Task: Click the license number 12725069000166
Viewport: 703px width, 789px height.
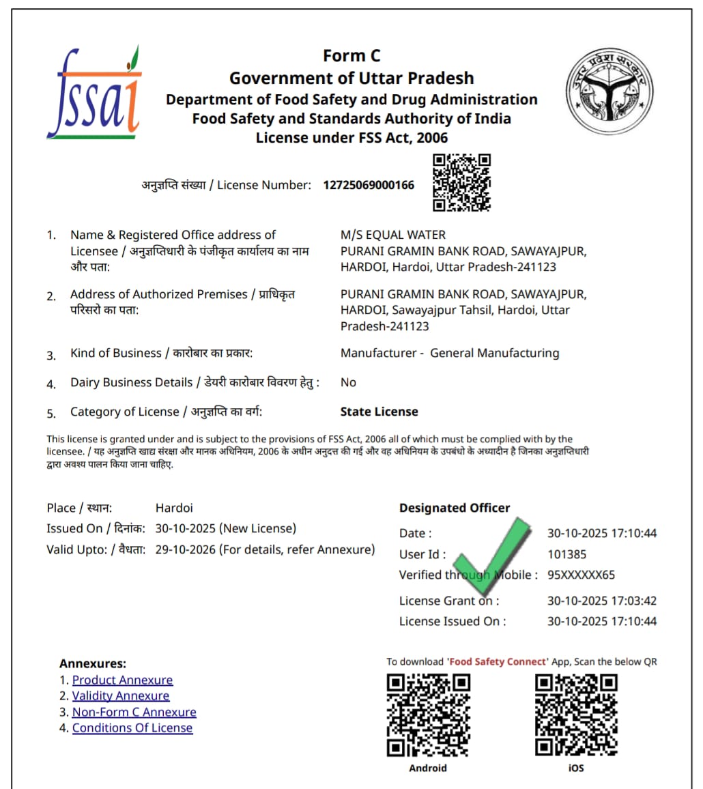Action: click(x=369, y=185)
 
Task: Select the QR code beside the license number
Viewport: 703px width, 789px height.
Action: click(x=462, y=182)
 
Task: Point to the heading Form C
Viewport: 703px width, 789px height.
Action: click(x=351, y=56)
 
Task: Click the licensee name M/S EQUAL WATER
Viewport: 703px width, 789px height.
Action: click(x=392, y=235)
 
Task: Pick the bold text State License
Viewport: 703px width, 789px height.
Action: click(x=379, y=412)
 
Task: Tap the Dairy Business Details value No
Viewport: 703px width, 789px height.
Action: click(x=348, y=382)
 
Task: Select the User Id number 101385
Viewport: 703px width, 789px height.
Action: click(x=566, y=554)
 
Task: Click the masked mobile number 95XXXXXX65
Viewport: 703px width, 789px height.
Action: click(x=581, y=575)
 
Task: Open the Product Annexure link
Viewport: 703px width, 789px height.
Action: click(x=122, y=680)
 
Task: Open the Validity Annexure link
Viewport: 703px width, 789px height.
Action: click(x=121, y=695)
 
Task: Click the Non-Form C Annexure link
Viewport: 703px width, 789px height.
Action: click(x=134, y=712)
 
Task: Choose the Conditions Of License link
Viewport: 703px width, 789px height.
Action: click(x=132, y=728)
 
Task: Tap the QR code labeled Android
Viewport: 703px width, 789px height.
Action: click(x=428, y=715)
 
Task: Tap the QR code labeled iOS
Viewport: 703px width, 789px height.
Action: click(x=576, y=715)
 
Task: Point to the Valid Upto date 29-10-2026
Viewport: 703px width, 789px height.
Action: click(x=186, y=549)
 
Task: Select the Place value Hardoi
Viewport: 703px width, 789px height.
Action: click(x=174, y=508)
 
